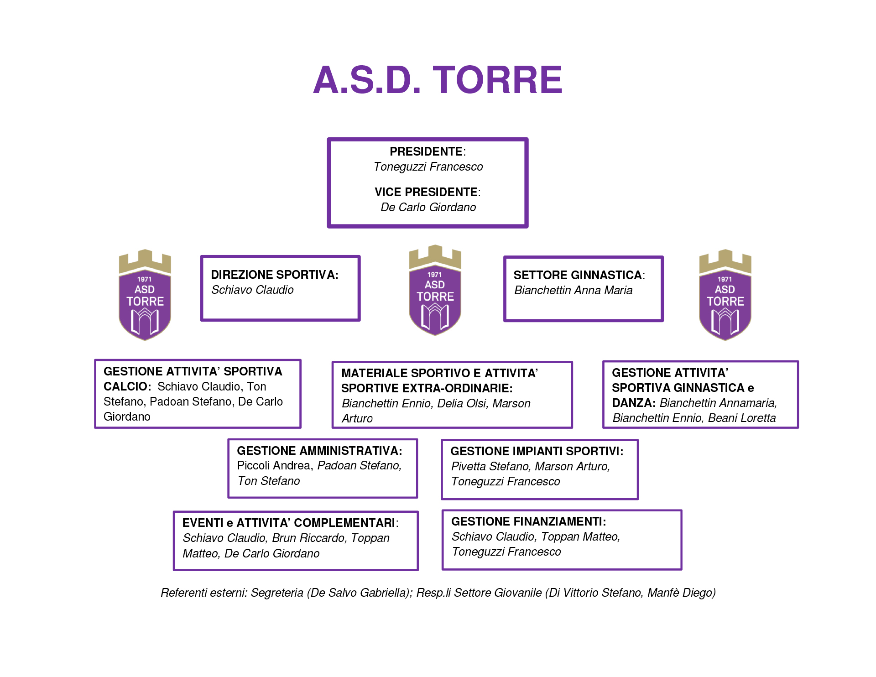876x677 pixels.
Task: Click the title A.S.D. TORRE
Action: (x=438, y=80)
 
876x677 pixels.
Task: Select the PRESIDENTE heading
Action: (x=426, y=151)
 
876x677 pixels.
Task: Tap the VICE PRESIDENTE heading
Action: (x=426, y=192)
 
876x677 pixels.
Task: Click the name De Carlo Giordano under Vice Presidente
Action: (x=428, y=208)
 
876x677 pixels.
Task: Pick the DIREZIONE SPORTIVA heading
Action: (x=274, y=275)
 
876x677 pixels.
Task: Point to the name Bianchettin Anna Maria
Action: (x=573, y=291)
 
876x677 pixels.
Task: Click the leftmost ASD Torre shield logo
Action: (x=145, y=295)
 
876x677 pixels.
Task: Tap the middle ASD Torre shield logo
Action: (x=435, y=291)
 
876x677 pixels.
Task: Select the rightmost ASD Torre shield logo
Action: (x=725, y=295)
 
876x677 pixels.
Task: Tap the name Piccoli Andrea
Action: (x=273, y=466)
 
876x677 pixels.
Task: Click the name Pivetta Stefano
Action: (x=490, y=467)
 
